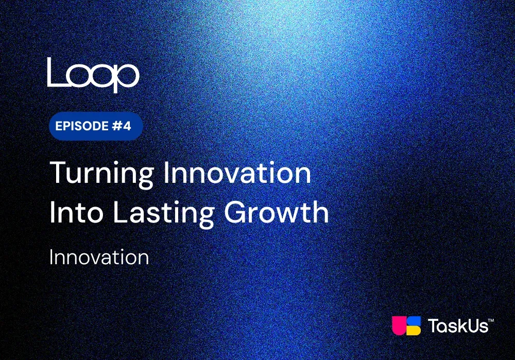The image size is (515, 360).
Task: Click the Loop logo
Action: (x=93, y=75)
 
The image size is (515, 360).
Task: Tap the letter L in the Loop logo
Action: (x=55, y=72)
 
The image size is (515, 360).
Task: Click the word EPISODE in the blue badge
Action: (x=82, y=126)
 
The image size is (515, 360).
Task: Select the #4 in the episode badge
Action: (x=122, y=126)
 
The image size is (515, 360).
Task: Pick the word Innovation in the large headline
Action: (x=237, y=173)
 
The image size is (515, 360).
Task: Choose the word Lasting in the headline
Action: (x=164, y=214)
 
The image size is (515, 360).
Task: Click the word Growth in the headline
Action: (x=277, y=212)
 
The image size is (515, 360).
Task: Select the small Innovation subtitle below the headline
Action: (x=99, y=257)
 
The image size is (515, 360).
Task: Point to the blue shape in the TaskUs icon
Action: (x=414, y=320)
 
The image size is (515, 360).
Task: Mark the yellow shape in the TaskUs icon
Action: (x=414, y=331)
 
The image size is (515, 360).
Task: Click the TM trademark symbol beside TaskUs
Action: (x=491, y=320)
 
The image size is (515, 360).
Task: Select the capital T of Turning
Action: (x=59, y=173)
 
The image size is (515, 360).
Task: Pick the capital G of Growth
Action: (x=236, y=212)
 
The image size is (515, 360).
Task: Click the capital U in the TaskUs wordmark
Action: (x=472, y=326)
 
